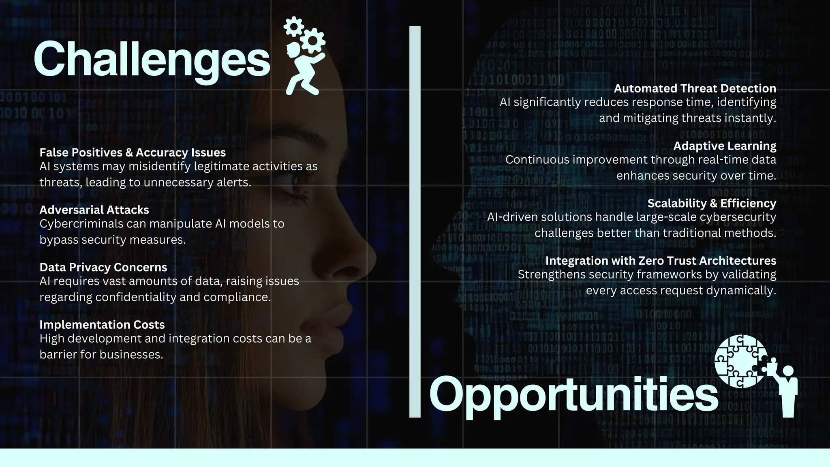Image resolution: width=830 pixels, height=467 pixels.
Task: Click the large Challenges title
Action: (x=152, y=60)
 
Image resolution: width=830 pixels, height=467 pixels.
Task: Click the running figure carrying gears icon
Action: (x=304, y=57)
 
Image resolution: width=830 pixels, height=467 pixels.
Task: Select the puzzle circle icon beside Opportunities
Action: (x=741, y=361)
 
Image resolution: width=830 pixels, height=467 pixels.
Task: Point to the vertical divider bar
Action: (x=415, y=221)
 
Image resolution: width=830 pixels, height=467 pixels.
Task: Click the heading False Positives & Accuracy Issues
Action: (x=133, y=152)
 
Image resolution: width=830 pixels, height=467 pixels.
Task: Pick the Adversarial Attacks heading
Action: (x=94, y=210)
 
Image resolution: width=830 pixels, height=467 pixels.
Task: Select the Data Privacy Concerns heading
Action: (x=103, y=267)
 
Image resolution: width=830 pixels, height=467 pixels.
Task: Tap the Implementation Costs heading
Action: (x=102, y=324)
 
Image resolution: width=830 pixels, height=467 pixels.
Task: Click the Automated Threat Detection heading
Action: (x=695, y=88)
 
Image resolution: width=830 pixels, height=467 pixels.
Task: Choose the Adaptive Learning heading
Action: (x=725, y=146)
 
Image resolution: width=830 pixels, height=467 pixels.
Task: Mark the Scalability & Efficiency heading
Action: (x=712, y=203)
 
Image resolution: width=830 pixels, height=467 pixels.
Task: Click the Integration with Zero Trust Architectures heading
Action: (x=661, y=260)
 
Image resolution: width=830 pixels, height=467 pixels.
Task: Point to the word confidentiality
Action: (x=136, y=297)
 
